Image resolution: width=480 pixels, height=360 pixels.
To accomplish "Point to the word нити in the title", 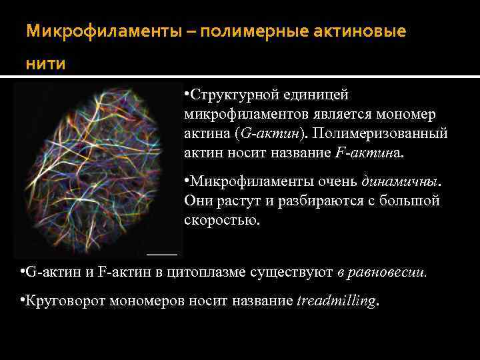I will [x=46, y=65].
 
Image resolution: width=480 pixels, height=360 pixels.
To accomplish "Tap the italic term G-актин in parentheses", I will [x=269, y=133].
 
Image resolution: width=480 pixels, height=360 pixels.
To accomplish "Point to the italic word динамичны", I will [x=401, y=181].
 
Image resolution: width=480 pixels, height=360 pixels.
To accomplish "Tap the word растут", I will [x=232, y=201].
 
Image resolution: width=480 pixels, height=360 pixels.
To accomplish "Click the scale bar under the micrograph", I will [x=162, y=254].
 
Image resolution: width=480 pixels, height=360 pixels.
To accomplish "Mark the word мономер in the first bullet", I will [x=406, y=115].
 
